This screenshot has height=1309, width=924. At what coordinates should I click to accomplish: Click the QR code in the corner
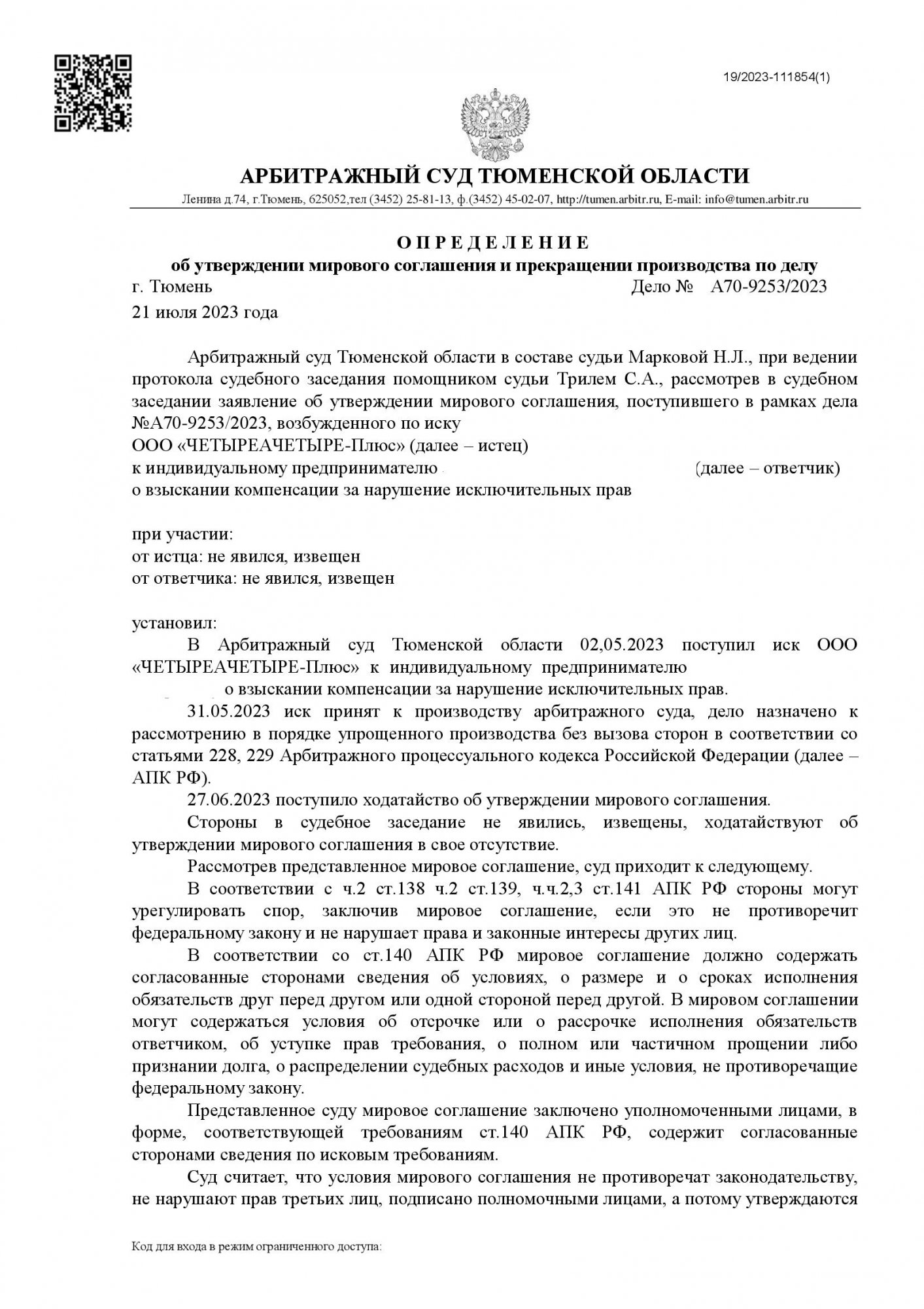coord(92,93)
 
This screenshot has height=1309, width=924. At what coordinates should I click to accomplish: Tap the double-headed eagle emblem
coord(495,122)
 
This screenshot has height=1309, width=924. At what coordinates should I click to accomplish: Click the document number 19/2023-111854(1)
coord(776,77)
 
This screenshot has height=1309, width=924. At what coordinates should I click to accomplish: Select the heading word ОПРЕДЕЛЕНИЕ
coord(494,243)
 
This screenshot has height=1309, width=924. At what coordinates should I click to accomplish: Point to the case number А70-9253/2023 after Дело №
coord(768,287)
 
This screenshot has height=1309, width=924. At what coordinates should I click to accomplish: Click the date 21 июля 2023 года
coord(205,312)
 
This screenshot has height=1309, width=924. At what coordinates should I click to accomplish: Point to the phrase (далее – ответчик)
coord(768,469)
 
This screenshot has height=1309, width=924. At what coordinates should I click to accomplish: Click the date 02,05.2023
coord(622,645)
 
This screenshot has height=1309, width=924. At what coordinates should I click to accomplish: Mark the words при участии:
coord(182,534)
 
